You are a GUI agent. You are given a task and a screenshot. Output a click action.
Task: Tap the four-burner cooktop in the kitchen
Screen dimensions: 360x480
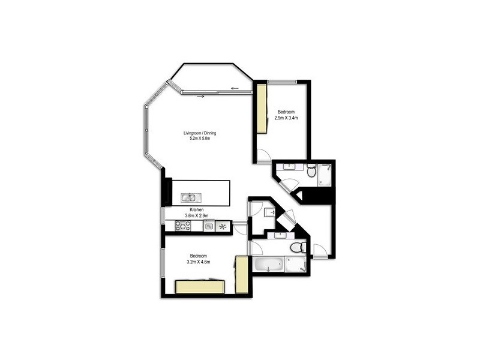click(182, 226)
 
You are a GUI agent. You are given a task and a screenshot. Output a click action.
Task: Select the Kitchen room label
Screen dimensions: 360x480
click(197, 209)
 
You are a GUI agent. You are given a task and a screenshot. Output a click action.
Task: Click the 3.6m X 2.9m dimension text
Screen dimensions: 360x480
click(197, 215)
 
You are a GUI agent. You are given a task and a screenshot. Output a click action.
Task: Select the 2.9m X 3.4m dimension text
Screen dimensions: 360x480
click(286, 118)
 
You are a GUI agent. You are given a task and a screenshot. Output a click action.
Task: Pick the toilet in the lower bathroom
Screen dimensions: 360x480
click(296, 247)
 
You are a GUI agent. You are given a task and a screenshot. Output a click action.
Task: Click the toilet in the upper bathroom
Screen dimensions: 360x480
click(311, 173)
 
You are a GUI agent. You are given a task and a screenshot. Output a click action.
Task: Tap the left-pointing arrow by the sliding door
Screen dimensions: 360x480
click(235, 89)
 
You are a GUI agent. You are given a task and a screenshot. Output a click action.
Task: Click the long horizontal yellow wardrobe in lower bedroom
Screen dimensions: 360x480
click(200, 286)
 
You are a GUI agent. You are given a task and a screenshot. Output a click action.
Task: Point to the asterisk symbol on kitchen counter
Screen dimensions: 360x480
click(223, 226)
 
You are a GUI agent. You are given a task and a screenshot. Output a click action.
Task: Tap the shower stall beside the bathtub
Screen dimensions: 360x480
click(296, 265)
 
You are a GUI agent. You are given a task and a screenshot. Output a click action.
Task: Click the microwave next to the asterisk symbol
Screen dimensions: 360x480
click(209, 226)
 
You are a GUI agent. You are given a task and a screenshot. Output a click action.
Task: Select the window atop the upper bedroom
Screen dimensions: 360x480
click(282, 82)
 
